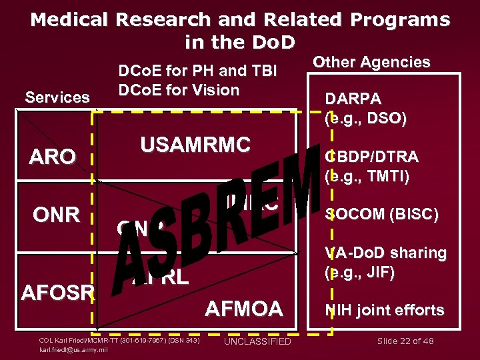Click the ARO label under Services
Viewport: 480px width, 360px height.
52,157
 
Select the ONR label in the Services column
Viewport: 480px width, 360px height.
57,215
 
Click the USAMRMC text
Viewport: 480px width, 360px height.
195,144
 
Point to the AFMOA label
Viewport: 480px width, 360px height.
244,308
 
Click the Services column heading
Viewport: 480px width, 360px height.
57,97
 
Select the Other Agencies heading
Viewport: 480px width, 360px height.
371,62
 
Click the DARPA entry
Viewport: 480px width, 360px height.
353,99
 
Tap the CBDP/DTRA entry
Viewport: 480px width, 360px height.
371,157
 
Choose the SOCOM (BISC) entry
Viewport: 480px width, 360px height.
381,215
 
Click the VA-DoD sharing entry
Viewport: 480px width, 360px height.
385,253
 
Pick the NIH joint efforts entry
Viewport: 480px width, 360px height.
384,310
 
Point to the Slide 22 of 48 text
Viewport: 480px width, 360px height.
405,341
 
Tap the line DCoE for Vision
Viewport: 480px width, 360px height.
178,89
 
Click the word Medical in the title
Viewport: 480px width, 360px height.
69,20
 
